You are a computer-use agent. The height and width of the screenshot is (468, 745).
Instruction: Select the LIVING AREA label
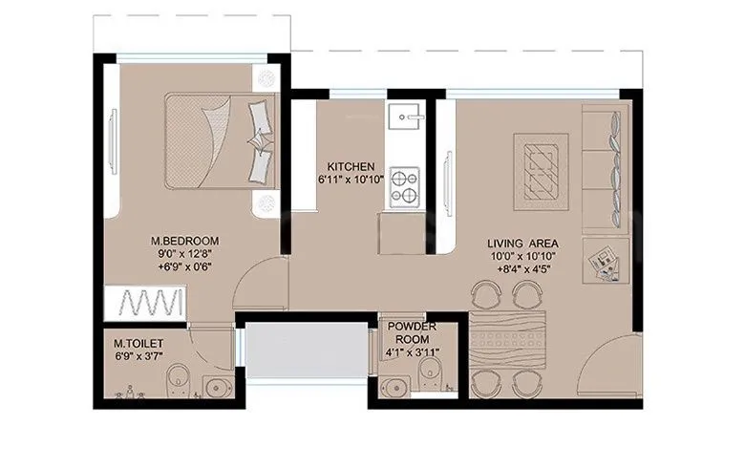coord(519,244)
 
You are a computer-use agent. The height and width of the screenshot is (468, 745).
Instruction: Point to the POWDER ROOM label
coord(413,332)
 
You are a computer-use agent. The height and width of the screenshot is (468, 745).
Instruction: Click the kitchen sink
coord(403,119)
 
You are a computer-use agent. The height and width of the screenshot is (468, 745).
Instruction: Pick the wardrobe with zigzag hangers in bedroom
coord(148,305)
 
